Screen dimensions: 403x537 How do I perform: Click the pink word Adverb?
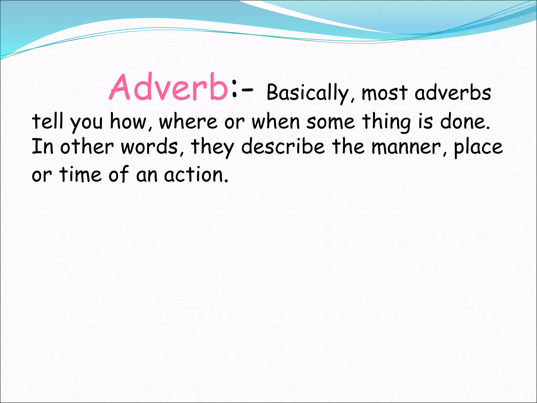(169, 87)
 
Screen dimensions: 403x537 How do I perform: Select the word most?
(385, 93)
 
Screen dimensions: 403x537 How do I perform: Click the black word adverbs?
(453, 93)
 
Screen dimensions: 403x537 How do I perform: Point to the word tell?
(47, 121)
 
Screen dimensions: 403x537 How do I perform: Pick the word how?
(128, 122)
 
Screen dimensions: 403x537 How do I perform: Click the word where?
(188, 122)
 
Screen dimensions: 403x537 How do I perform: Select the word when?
(276, 122)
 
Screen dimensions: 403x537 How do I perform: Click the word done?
(464, 122)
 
